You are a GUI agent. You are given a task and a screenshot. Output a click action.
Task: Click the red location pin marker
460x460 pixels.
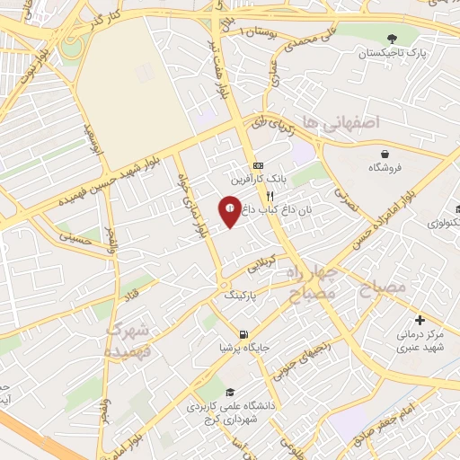click(x=230, y=209)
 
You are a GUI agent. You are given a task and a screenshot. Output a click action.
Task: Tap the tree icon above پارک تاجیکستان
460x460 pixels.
click(x=391, y=39)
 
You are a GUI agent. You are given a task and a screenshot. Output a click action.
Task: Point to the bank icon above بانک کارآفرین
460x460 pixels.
click(x=258, y=165)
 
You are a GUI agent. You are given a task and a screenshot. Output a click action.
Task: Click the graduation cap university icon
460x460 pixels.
click(x=229, y=393)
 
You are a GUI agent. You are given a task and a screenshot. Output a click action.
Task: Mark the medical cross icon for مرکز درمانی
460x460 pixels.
click(x=420, y=320)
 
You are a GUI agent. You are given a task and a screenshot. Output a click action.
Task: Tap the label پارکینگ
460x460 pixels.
click(x=239, y=294)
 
